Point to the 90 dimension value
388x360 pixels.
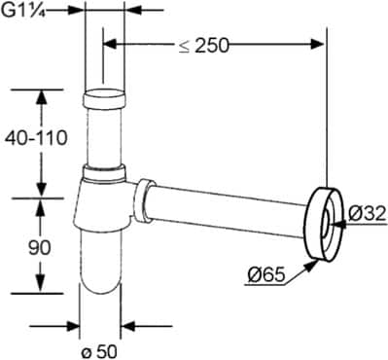(39, 248)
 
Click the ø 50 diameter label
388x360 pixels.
(100, 348)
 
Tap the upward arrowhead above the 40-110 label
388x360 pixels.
(40, 97)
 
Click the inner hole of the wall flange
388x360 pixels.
(324, 222)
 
